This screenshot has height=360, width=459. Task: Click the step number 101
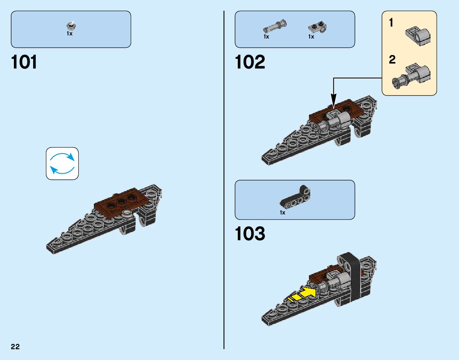[24, 62]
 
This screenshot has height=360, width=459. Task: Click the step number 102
[250, 62]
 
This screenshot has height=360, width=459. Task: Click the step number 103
[250, 234]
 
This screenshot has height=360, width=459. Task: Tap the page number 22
[15, 347]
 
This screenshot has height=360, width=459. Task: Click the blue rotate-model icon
[62, 163]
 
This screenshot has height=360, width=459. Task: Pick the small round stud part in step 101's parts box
[71, 26]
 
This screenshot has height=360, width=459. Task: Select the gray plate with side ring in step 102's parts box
[318, 27]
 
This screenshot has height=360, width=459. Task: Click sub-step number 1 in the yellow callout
[392, 23]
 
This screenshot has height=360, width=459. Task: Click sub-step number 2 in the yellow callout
[392, 60]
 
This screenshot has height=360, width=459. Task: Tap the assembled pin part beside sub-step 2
[412, 76]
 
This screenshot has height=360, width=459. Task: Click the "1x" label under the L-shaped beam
[282, 213]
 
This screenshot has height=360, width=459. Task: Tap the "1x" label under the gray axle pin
[266, 37]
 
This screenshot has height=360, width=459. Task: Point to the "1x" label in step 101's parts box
[69, 34]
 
